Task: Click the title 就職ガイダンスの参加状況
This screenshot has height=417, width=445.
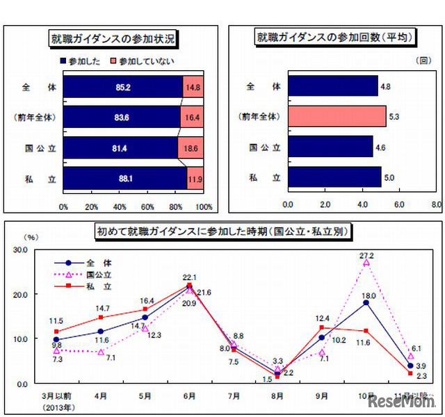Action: point(111,39)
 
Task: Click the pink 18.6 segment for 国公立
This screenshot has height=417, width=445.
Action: point(193,148)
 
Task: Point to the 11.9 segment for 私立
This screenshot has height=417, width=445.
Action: point(195,179)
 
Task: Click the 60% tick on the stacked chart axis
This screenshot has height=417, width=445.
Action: point(147,206)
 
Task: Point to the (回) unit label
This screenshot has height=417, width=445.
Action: point(422,60)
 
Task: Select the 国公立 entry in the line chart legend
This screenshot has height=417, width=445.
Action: point(99,274)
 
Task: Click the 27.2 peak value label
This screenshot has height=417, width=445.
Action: point(366,254)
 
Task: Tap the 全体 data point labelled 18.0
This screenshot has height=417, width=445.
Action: point(365,302)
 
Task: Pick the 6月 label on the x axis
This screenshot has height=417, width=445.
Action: point(189,395)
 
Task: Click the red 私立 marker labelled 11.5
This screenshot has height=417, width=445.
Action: point(56,331)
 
